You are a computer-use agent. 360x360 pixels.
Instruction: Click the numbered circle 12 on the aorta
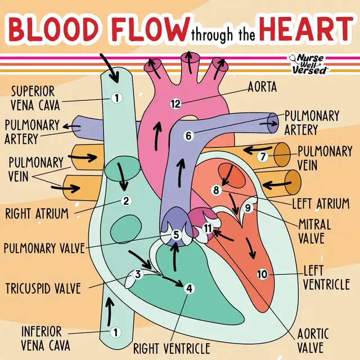point(175,103)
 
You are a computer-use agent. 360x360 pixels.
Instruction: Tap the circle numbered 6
point(188,136)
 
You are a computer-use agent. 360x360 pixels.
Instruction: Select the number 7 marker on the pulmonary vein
point(262,157)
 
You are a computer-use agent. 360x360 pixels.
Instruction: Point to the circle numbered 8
point(215,190)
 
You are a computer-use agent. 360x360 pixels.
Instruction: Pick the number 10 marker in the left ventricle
point(262,274)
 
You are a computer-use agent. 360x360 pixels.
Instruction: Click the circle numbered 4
point(189,289)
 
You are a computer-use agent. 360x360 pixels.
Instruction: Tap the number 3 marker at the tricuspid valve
point(138,274)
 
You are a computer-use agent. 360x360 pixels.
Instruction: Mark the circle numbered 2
point(127,200)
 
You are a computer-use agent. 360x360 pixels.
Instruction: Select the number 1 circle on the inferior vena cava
point(115,332)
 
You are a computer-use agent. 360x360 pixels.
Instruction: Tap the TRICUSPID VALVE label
point(43,289)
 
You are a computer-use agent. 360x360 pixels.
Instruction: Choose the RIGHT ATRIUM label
point(37,214)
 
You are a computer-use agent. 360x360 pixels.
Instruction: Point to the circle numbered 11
point(208,228)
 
